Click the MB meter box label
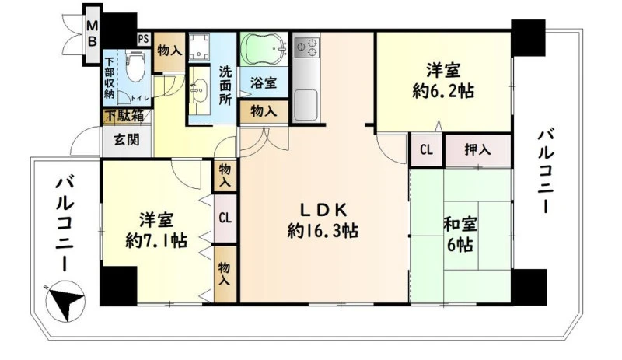(x=92, y=33)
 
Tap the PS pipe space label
(x=144, y=39)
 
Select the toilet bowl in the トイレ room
(x=135, y=65)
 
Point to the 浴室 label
(x=264, y=83)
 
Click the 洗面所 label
(x=225, y=86)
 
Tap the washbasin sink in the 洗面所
(x=200, y=90)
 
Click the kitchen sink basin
(x=306, y=105)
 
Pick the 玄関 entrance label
(x=127, y=140)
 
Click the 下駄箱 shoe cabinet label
(x=124, y=117)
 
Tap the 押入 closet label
(x=477, y=150)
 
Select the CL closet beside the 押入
(x=426, y=150)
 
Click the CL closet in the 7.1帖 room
(x=225, y=218)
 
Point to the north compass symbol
(x=65, y=300)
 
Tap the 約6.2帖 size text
(x=443, y=92)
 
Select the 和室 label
(x=460, y=225)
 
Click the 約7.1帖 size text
(x=156, y=240)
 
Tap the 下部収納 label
(x=110, y=79)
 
